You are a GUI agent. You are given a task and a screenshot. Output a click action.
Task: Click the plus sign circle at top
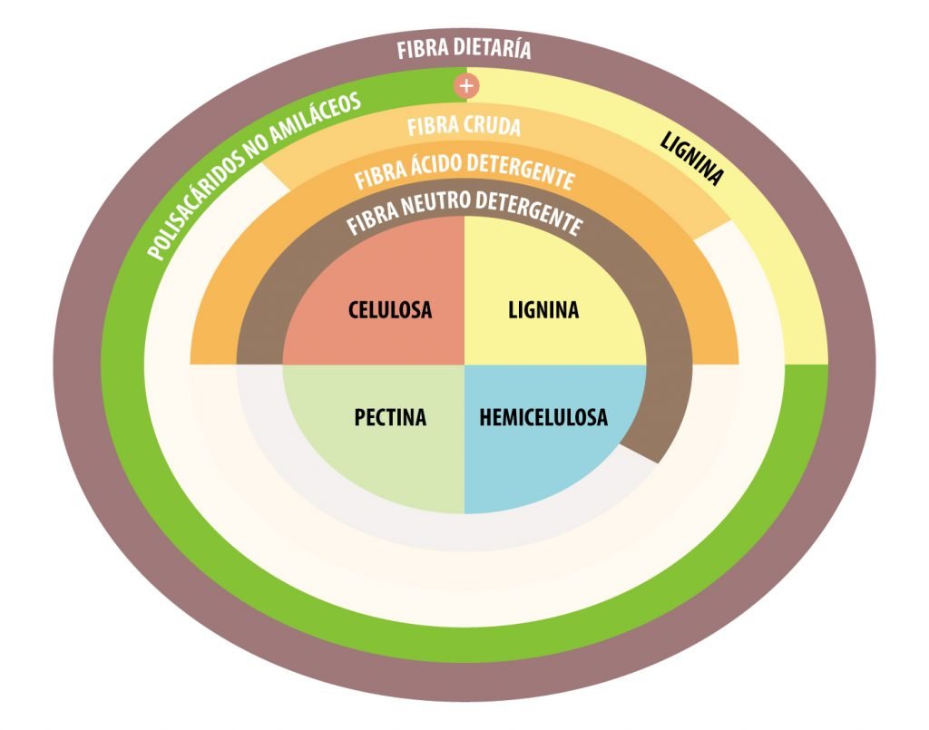466,86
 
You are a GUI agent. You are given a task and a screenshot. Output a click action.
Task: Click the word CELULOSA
390,311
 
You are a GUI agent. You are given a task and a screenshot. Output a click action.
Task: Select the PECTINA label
390,418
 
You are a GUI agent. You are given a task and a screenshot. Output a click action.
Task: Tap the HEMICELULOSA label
543,418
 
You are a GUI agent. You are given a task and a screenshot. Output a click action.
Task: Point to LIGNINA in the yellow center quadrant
543,311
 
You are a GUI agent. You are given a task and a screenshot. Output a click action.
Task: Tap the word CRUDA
492,126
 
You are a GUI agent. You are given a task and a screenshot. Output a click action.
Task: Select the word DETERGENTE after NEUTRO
535,213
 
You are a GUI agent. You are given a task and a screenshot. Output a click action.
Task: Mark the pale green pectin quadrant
390,462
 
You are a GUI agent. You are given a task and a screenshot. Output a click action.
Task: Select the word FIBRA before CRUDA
432,128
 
